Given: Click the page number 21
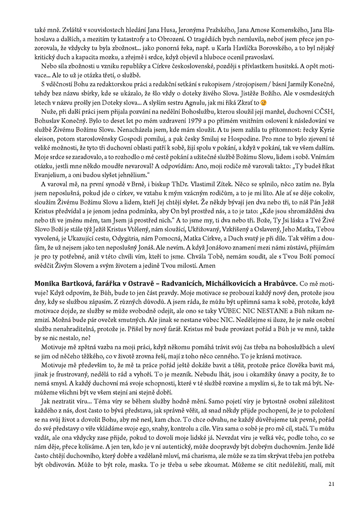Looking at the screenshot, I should coord(331,483).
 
